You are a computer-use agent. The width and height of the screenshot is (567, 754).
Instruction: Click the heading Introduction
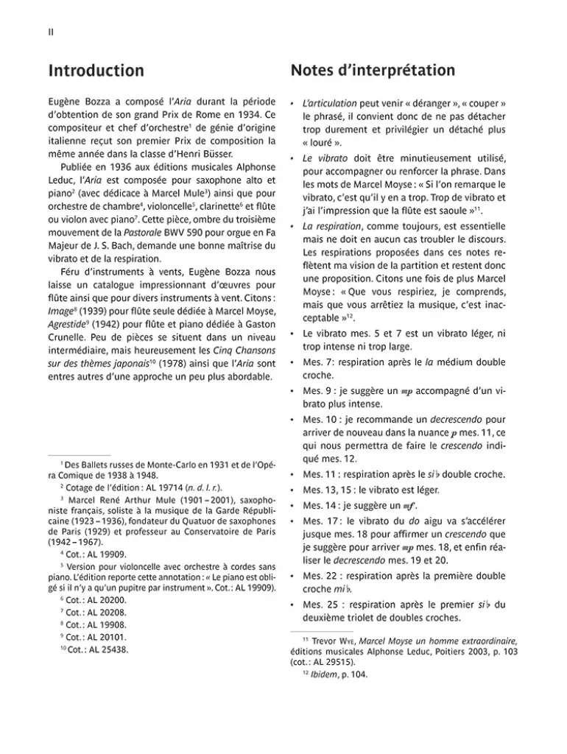(96, 71)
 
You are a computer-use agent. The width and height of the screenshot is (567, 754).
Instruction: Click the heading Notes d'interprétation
(373, 71)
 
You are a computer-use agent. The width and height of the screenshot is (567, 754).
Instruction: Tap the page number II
(51, 32)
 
